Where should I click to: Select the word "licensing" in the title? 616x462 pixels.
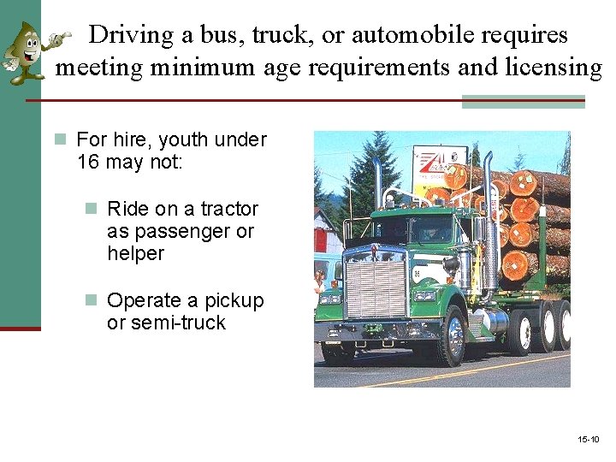554,66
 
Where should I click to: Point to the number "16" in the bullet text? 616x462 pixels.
88,162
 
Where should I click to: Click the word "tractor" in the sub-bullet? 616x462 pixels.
228,209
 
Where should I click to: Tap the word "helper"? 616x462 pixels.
135,253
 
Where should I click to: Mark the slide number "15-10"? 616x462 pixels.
588,440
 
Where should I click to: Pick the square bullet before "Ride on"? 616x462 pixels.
92,209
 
